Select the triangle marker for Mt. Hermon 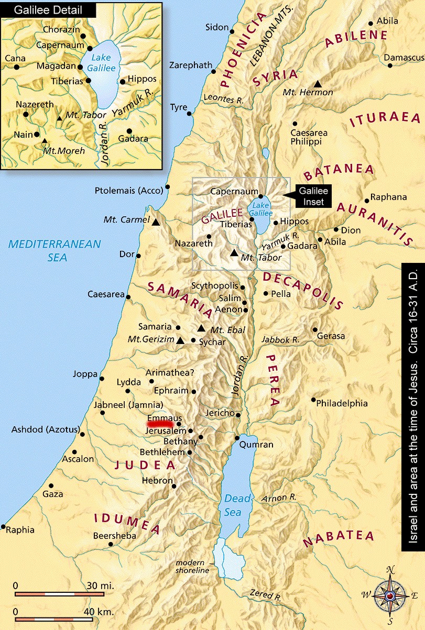[x=318, y=83]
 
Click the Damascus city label [x=404, y=57]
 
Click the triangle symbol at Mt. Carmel [x=156, y=222]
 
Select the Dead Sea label [x=233, y=506]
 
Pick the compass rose [x=390, y=595]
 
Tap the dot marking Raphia [x=4, y=527]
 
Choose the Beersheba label [x=114, y=536]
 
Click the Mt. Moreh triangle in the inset [x=45, y=141]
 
